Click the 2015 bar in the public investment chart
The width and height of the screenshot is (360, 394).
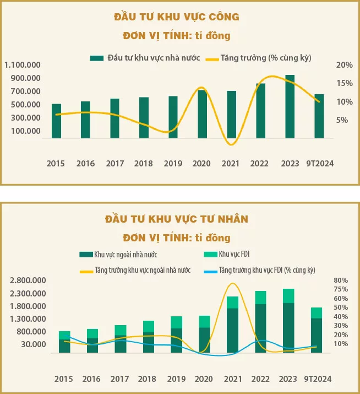(x=56, y=121)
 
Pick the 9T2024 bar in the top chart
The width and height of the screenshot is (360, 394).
(x=319, y=116)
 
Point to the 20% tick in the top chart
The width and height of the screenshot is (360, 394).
(x=344, y=65)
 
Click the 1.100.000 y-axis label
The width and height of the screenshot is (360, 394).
(x=23, y=65)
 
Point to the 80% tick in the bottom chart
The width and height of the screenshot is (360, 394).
(x=340, y=280)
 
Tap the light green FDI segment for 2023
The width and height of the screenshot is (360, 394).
(x=288, y=296)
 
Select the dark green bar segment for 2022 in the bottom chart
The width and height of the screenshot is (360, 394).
(x=260, y=328)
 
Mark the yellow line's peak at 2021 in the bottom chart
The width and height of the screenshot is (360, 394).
(x=232, y=284)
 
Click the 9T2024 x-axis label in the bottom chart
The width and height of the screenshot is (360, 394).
(x=318, y=379)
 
